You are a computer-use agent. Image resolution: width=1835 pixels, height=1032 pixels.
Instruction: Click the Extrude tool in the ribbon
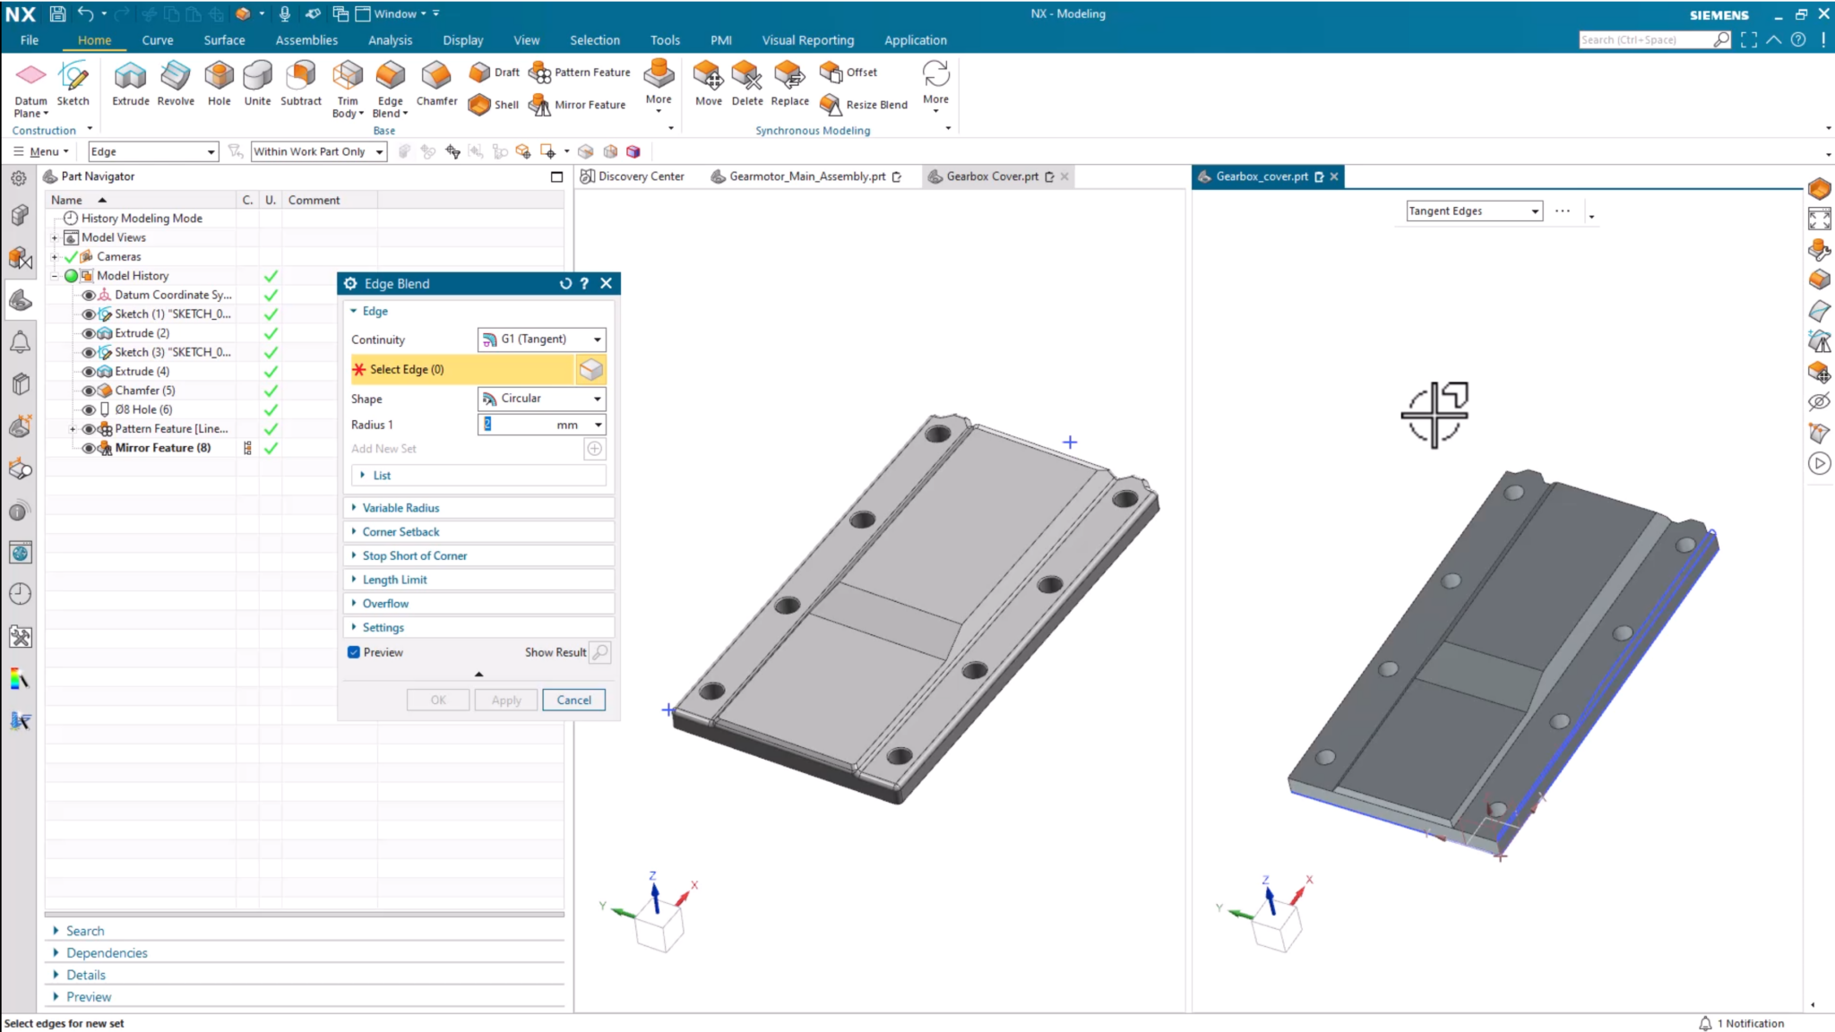pos(130,83)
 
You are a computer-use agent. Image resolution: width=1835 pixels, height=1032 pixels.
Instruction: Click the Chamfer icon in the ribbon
pos(436,83)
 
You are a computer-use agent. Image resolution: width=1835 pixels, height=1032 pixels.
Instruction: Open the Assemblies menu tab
pos(306,40)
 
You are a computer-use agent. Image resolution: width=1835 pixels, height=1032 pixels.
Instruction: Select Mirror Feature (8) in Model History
pos(162,448)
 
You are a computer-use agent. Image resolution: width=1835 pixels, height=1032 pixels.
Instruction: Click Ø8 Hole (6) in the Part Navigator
pos(143,409)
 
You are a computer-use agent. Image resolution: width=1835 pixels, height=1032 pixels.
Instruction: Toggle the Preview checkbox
pos(354,652)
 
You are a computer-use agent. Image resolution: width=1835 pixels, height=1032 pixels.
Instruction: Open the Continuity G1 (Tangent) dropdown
pos(542,340)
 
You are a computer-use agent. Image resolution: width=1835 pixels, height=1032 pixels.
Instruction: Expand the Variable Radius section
pos(401,508)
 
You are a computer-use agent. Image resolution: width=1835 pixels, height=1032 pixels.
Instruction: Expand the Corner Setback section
pos(401,532)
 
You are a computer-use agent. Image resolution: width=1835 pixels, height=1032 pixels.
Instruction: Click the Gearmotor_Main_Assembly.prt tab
pos(806,176)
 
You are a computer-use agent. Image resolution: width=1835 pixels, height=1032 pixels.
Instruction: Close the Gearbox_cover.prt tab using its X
pos(1334,176)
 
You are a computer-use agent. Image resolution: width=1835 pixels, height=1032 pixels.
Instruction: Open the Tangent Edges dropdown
pos(1474,211)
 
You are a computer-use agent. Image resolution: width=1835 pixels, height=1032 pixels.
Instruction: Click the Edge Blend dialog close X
pos(607,284)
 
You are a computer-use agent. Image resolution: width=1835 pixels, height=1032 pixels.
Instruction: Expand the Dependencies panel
pos(107,953)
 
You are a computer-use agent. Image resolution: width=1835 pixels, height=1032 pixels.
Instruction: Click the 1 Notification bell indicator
pos(1705,1023)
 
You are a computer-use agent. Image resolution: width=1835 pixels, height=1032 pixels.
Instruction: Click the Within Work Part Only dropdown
pos(318,152)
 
